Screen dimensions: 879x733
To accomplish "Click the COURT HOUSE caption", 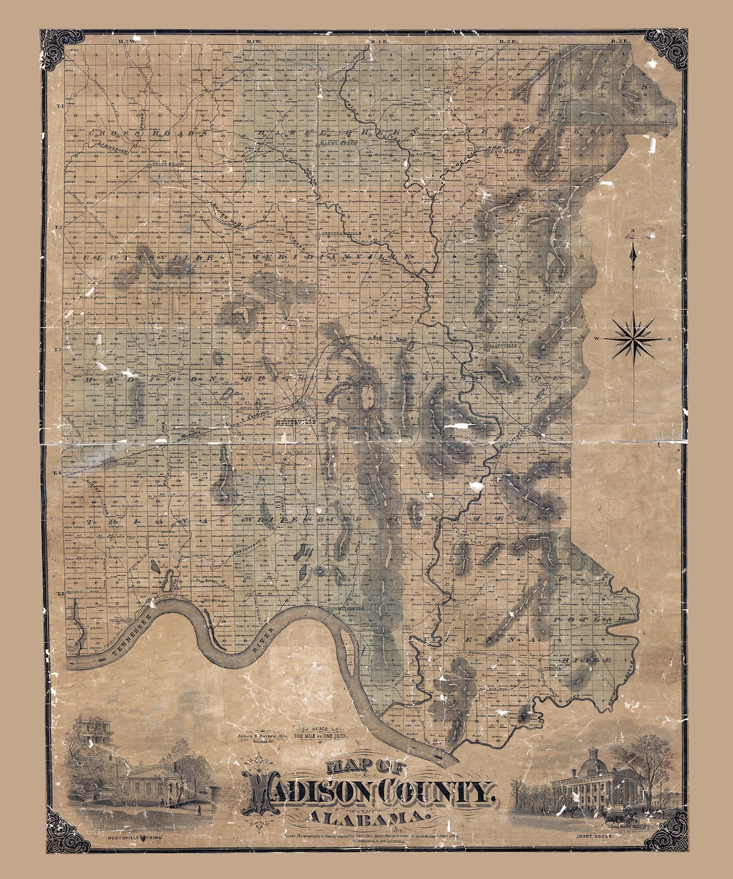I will coord(593,838).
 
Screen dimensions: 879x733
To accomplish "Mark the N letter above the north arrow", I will coord(633,231).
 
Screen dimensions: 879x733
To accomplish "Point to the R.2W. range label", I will coord(127,42).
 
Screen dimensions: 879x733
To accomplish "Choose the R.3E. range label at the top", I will coord(620,42).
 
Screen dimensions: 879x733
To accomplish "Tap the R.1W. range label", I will coord(255,42).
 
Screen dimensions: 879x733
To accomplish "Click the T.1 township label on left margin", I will coord(60,106).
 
